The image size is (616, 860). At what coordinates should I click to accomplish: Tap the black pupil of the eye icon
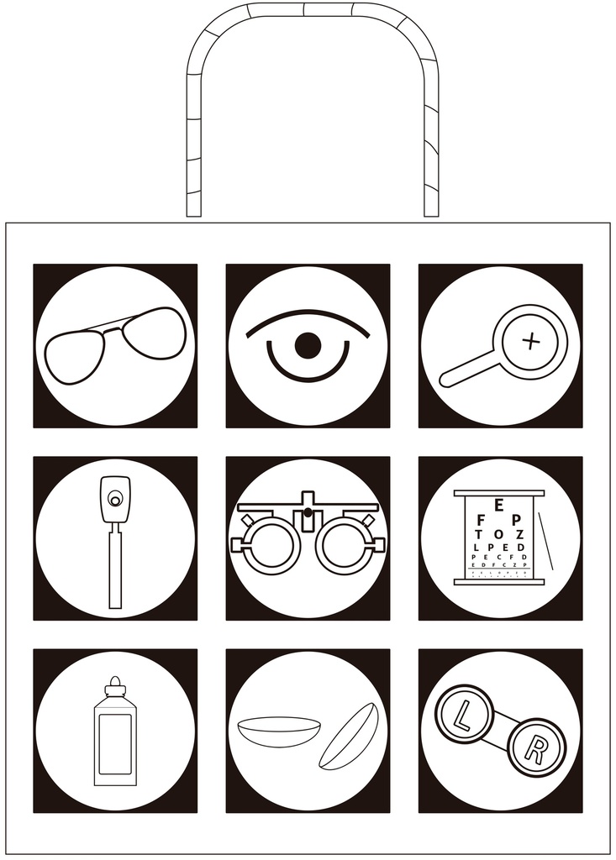click(x=308, y=344)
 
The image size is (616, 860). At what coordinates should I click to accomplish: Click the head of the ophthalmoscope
click(x=115, y=496)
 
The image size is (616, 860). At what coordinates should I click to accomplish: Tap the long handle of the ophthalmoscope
click(x=115, y=563)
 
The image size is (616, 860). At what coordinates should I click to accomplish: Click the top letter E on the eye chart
click(x=499, y=506)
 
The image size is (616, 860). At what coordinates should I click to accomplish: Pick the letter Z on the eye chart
click(x=520, y=535)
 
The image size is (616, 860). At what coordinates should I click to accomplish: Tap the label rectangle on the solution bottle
click(x=115, y=744)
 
